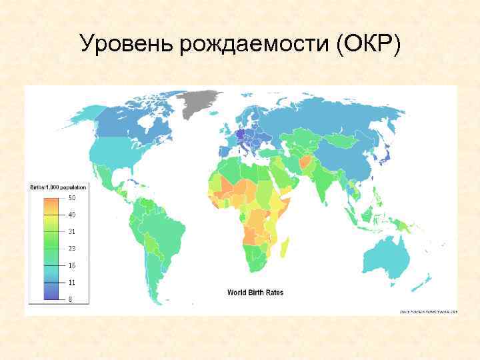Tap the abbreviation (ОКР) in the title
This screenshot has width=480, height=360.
click(369, 44)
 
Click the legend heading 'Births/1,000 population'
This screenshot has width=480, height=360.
click(58, 187)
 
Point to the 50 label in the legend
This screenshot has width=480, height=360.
click(71, 198)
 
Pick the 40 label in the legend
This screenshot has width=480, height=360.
click(71, 215)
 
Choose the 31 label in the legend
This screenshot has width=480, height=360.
click(71, 231)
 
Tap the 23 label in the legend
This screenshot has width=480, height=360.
click(71, 248)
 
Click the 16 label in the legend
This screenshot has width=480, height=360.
click(71, 265)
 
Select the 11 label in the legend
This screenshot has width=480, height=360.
click(71, 282)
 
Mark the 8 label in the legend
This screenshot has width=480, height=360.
click(71, 299)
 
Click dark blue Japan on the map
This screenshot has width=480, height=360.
click(387, 156)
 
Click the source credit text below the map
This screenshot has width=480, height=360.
click(429, 311)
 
